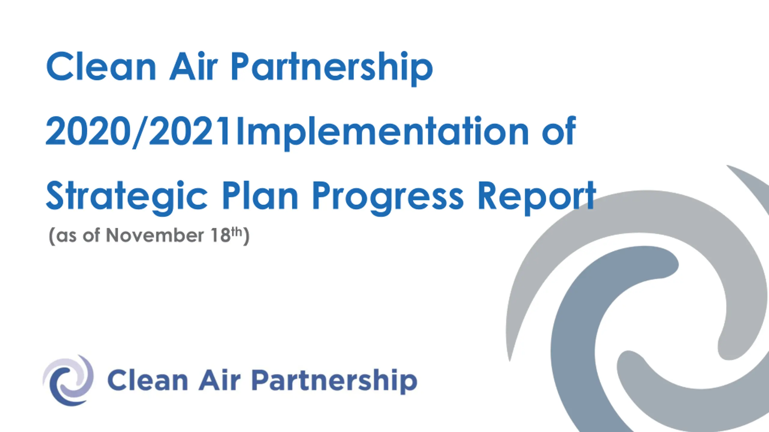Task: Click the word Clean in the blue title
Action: coord(101,66)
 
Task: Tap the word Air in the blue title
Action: coord(193,66)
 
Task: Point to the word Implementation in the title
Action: coord(383,133)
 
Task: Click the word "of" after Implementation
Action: coord(559,130)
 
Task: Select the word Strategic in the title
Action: coord(127,198)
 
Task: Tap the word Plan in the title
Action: coord(260,195)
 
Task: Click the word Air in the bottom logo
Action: coord(220,380)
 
